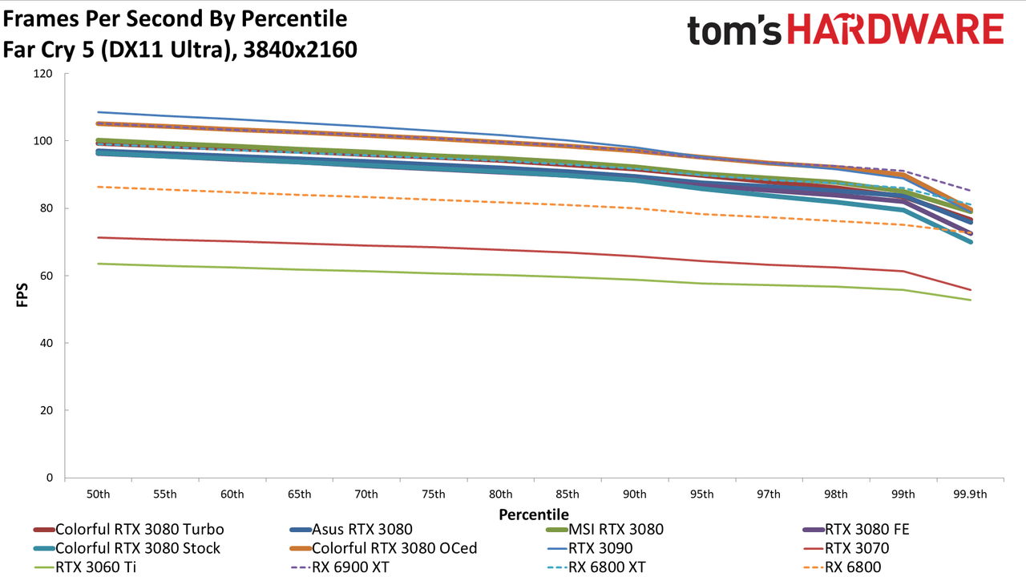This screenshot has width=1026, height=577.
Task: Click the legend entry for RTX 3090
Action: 590,548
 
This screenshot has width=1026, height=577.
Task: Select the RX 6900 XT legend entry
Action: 340,567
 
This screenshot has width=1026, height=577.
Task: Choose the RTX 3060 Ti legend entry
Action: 85,567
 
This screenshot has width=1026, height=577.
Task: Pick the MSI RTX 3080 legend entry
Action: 605,530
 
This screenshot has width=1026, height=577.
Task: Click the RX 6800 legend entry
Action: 842,567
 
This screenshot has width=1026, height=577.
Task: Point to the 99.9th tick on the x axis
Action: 970,494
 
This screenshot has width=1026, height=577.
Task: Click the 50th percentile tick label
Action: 98,494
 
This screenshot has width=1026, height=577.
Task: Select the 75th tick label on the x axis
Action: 434,494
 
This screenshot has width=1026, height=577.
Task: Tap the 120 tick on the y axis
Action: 43,73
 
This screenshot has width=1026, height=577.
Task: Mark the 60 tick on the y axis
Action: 46,276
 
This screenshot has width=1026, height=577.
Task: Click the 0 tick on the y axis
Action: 50,478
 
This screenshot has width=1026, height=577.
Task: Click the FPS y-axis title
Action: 22,295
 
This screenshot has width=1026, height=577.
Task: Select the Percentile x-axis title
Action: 534,514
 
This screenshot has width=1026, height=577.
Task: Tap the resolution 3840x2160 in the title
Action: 300,50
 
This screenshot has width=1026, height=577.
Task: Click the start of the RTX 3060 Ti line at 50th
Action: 98,264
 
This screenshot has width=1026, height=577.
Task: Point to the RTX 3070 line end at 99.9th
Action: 970,290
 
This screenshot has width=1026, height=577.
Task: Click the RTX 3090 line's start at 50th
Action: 98,112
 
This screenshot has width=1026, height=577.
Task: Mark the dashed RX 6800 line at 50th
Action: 98,187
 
